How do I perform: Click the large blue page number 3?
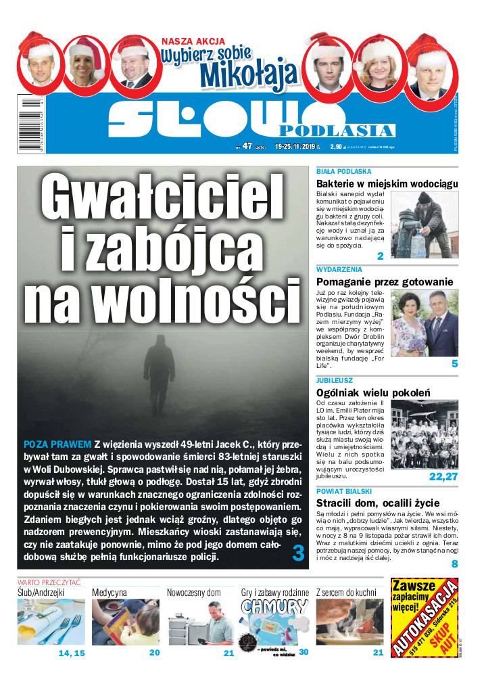(x=298, y=553)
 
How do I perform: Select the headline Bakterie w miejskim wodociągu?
(x=387, y=183)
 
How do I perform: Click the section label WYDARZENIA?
(x=339, y=269)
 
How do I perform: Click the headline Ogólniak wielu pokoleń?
(x=373, y=392)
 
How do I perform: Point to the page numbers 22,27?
(x=443, y=476)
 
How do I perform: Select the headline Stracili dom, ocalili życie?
(x=383, y=503)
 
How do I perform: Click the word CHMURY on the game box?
(x=274, y=607)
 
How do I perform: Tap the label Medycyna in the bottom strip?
(x=110, y=593)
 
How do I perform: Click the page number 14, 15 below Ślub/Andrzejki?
(x=72, y=653)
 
